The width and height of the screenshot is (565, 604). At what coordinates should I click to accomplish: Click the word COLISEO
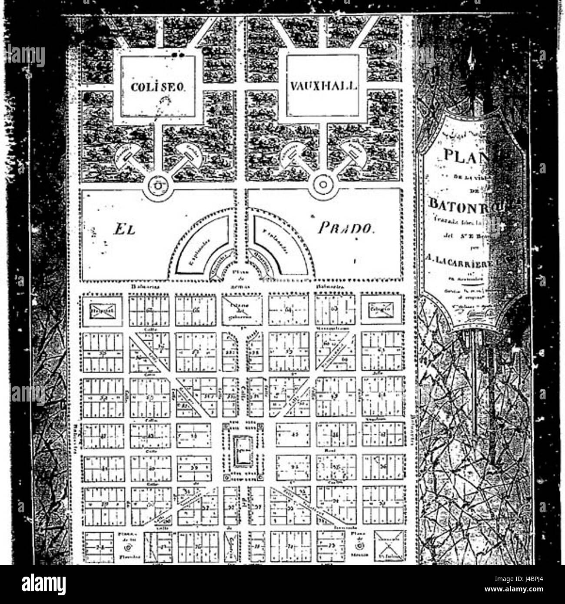point(158,87)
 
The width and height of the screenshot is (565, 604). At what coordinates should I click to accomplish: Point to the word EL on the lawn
point(125,229)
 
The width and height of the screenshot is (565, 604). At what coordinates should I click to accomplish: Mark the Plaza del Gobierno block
point(243,309)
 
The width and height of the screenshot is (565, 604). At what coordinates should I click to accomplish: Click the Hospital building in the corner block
point(103,310)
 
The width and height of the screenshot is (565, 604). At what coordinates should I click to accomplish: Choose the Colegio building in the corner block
point(382,309)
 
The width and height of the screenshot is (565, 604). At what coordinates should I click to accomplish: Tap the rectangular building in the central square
point(243,451)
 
